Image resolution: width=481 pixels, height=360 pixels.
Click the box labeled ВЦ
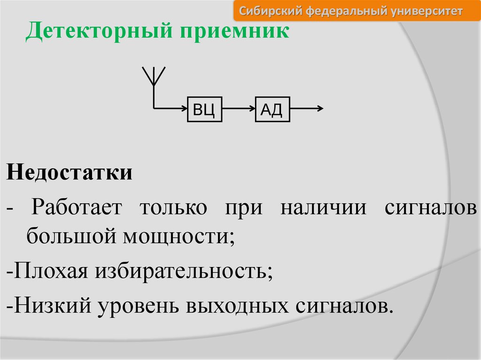(x=204, y=109)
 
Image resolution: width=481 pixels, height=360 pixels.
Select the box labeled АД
(x=272, y=109)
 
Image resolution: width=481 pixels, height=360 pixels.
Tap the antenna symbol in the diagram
(x=153, y=77)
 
